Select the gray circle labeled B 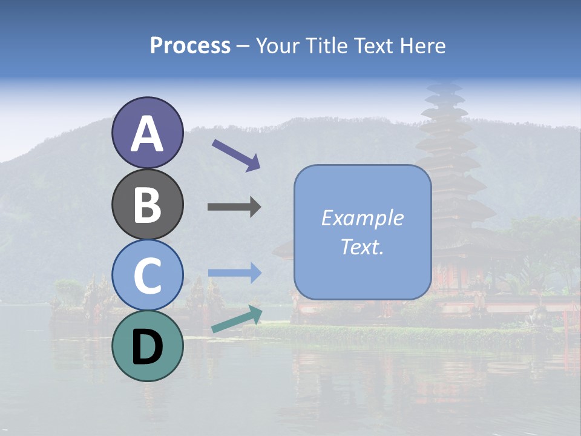point(147,205)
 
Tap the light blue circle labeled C point(147,276)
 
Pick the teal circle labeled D point(147,346)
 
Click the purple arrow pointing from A point(236,154)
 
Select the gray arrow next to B point(234,207)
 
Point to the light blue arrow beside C point(234,272)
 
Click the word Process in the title point(190,45)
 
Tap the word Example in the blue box point(362,217)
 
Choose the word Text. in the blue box point(362,246)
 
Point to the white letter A point(147,134)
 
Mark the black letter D point(147,347)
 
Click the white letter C point(147,276)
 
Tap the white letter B point(147,205)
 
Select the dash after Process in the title point(243,47)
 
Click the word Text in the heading point(371,45)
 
